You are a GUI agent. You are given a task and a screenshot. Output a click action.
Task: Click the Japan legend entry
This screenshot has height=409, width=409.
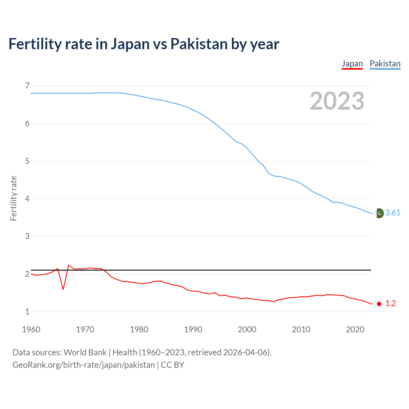click(352, 64)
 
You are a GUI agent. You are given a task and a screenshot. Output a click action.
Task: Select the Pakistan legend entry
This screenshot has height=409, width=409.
click(385, 64)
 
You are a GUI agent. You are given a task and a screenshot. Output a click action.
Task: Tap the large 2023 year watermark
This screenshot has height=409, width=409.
click(337, 101)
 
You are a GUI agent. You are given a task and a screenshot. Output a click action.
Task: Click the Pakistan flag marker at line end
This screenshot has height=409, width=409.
click(379, 213)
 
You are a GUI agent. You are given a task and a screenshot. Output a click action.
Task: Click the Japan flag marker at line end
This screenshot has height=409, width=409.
click(379, 304)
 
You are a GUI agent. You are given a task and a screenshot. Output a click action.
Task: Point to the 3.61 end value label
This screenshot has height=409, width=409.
click(393, 213)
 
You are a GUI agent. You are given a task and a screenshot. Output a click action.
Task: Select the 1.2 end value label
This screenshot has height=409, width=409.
click(390, 304)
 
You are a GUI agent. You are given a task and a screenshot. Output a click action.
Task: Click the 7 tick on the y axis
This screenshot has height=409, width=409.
click(27, 86)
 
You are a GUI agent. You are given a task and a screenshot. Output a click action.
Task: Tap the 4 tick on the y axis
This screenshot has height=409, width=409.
click(27, 199)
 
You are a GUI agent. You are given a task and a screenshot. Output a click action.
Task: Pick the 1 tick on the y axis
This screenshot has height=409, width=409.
click(27, 312)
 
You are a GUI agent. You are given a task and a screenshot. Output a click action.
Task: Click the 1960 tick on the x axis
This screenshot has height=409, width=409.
click(31, 329)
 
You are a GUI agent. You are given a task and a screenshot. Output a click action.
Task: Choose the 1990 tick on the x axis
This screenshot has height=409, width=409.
click(193, 329)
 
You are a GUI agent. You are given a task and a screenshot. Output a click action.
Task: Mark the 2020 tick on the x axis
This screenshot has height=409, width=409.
click(355, 329)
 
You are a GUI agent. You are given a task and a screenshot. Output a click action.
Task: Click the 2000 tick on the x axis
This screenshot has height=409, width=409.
click(247, 329)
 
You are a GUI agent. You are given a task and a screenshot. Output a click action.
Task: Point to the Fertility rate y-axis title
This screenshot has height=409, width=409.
click(13, 198)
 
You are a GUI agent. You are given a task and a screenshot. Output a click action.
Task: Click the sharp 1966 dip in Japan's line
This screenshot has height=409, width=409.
click(63, 289)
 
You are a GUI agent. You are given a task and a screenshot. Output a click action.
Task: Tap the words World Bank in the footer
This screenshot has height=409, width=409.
click(85, 352)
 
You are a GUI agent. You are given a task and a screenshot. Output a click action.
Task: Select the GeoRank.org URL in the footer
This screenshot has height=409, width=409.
click(84, 365)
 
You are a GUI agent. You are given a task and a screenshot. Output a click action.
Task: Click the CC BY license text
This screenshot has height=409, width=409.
click(173, 365)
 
